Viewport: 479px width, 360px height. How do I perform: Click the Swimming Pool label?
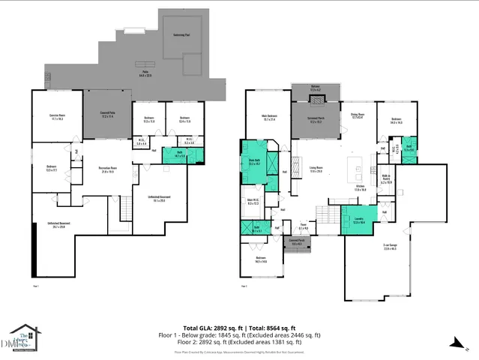coord(181,35)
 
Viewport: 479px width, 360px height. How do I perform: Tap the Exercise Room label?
coord(57,116)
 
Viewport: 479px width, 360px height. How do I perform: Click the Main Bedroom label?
coord(268,117)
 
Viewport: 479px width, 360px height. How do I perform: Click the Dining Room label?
coord(357,116)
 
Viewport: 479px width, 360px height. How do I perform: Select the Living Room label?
coord(316,169)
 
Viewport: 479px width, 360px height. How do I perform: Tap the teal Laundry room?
coord(358,220)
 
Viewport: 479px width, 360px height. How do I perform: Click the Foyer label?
coord(303,226)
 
